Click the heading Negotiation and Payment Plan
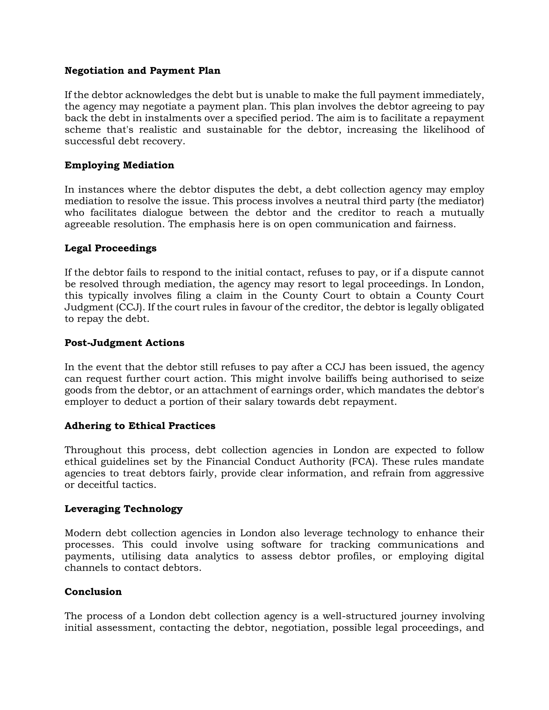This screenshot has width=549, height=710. (142, 70)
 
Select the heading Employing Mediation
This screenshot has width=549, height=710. (119, 165)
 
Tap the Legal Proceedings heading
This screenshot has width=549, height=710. (111, 248)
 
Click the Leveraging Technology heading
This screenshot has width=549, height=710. (124, 509)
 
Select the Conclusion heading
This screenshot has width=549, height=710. (93, 591)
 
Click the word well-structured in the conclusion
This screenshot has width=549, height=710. (359, 616)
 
